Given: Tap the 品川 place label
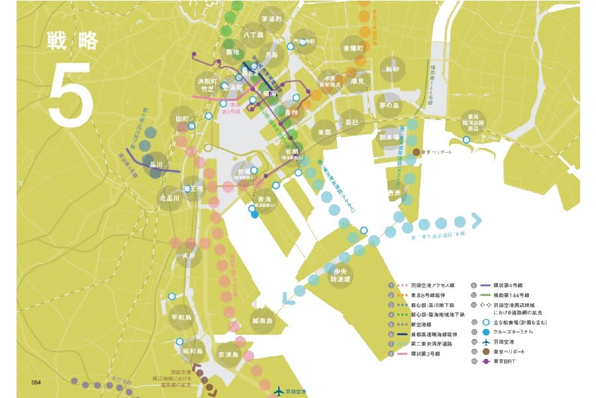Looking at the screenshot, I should (x=156, y=165).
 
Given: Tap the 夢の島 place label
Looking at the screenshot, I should (x=390, y=105).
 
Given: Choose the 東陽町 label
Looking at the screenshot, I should (x=353, y=48).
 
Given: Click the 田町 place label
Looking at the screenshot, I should (x=181, y=119).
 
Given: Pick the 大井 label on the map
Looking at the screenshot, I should (x=188, y=255).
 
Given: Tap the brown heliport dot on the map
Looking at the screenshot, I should (x=416, y=152).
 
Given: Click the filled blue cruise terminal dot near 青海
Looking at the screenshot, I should (x=255, y=214).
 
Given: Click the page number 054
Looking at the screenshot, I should (x=36, y=383).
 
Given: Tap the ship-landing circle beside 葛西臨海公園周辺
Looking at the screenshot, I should (x=467, y=139).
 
